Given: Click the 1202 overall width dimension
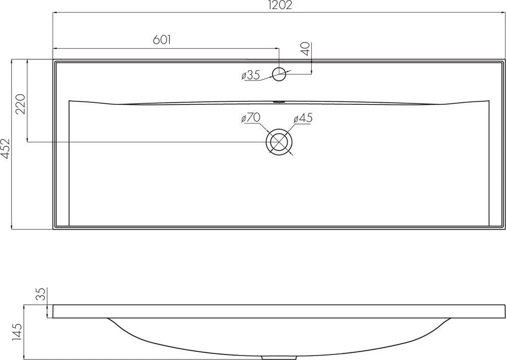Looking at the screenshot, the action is (279, 5).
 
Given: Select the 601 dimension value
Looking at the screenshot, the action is (161, 39).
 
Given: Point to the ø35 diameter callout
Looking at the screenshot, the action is (250, 75).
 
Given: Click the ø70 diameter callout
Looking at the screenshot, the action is (251, 118).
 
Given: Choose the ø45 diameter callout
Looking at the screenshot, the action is (303, 118).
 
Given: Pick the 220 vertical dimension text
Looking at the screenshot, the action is (21, 104).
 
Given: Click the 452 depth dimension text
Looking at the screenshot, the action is (5, 148).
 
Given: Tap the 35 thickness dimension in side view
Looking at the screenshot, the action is (42, 294).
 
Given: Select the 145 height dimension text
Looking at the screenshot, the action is (17, 332).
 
